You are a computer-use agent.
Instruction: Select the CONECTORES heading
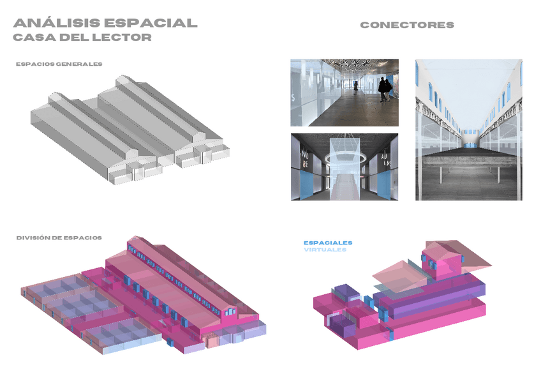[x=407, y=25]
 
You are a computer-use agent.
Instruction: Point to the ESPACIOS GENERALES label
[x=59, y=64]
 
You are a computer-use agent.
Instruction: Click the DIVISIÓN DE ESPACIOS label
[x=59, y=237]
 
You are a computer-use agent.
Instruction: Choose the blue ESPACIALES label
[x=328, y=243]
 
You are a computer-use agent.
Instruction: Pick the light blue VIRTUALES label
[x=325, y=250]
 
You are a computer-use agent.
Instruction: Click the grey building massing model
[x=128, y=131]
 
